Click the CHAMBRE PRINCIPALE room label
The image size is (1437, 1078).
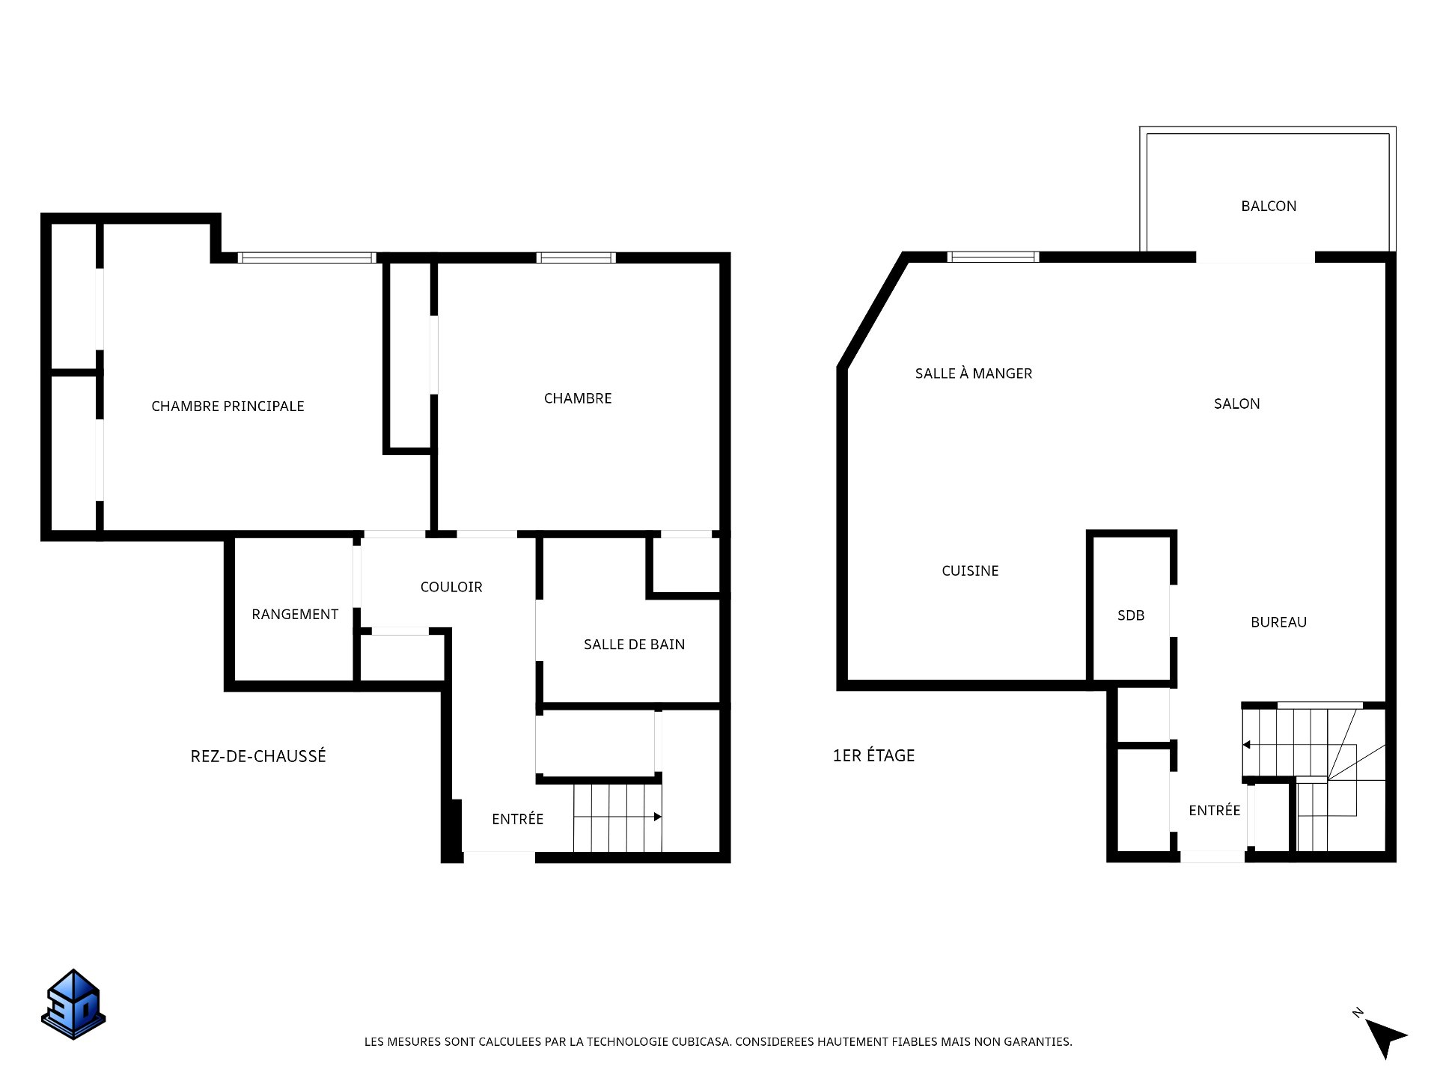click(228, 406)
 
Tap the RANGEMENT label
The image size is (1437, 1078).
click(295, 615)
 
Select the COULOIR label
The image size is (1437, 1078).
click(451, 587)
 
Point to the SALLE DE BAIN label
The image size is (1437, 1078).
click(634, 645)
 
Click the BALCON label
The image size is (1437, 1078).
click(1269, 206)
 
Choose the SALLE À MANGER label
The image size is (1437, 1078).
click(974, 373)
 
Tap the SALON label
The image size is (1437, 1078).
click(1236, 404)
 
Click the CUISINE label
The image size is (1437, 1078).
click(970, 570)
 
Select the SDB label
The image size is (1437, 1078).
click(1131, 615)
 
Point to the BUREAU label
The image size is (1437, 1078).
click(1278, 622)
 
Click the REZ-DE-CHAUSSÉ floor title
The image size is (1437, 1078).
click(258, 756)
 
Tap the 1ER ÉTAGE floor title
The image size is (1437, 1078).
click(873, 755)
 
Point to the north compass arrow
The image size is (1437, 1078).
click(1385, 1037)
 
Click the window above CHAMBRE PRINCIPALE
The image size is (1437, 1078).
click(307, 258)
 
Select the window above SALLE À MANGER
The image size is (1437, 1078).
click(993, 257)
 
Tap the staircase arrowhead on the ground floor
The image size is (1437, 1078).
click(658, 817)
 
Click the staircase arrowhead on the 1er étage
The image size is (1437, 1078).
click(1247, 745)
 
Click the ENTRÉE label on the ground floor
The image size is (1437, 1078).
click(517, 819)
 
